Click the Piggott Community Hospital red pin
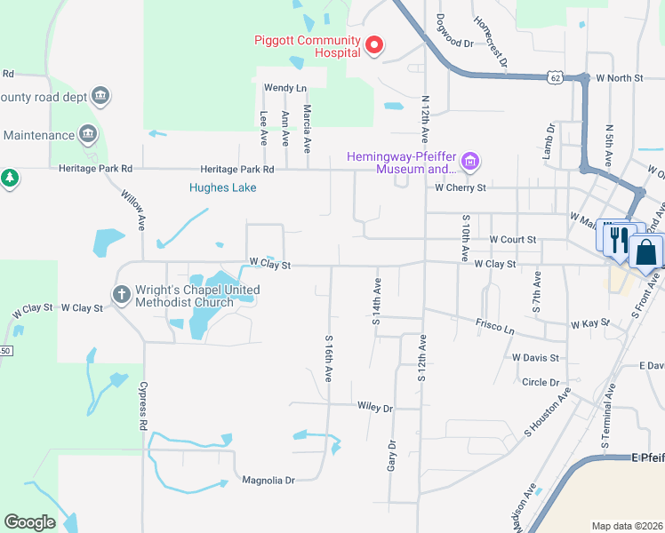coord(374,44)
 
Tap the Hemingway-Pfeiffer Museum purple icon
coord(470,162)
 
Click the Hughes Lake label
coord(222,187)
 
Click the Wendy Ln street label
coord(284,88)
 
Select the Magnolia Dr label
coord(268,481)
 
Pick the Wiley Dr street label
coord(374,408)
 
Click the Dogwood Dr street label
coord(461,42)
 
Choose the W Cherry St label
coord(460,188)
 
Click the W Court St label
coord(513,240)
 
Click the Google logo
coord(29,522)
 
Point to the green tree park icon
coord(10,178)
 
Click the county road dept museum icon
coord(100,96)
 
